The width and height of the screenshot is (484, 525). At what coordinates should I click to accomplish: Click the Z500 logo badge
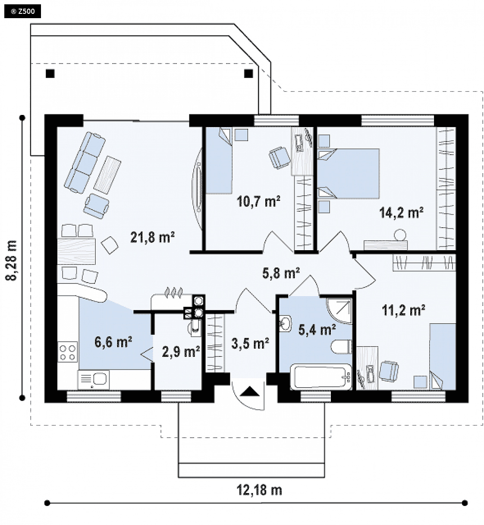(x=22, y=12)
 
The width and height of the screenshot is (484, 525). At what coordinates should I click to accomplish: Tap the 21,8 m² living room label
(x=152, y=237)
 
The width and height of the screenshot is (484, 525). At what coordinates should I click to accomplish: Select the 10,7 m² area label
(x=258, y=201)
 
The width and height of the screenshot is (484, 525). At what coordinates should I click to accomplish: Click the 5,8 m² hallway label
(x=281, y=273)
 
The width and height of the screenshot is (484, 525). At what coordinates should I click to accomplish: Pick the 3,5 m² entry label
(x=250, y=344)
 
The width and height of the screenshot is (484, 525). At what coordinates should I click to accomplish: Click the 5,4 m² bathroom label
(x=317, y=329)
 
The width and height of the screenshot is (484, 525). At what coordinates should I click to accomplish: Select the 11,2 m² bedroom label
(x=403, y=310)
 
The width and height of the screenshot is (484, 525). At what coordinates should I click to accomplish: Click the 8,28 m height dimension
(x=11, y=260)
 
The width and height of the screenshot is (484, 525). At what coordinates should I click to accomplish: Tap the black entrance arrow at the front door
(x=250, y=391)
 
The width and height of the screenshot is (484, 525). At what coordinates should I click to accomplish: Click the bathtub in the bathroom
(x=321, y=376)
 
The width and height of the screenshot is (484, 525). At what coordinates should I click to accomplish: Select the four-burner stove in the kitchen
(x=68, y=352)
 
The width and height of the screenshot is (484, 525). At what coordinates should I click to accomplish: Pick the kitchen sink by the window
(x=94, y=379)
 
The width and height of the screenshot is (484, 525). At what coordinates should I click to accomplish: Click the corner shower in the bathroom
(x=339, y=311)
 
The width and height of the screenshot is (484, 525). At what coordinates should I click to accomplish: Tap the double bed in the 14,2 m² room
(x=348, y=173)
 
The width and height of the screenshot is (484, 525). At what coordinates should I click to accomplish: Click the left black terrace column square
(x=50, y=73)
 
